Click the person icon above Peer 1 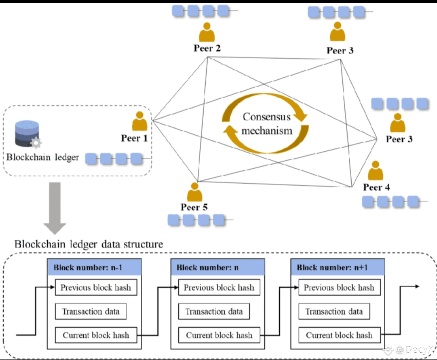tap(140, 121)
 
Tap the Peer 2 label tap(207, 49)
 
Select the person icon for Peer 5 tap(195, 193)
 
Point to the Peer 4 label tap(376, 187)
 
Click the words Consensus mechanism tap(267, 124)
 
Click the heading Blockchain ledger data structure tap(89, 244)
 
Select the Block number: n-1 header tap(94, 267)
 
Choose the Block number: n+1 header tap(338, 267)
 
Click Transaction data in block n tap(214, 311)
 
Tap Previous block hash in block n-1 tap(96, 288)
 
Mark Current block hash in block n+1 tap(339, 335)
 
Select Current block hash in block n tap(219, 335)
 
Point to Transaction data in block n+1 tap(334, 311)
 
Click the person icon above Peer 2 tap(207, 32)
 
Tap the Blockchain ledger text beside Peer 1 tap(43, 157)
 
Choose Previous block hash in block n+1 tap(339, 288)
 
